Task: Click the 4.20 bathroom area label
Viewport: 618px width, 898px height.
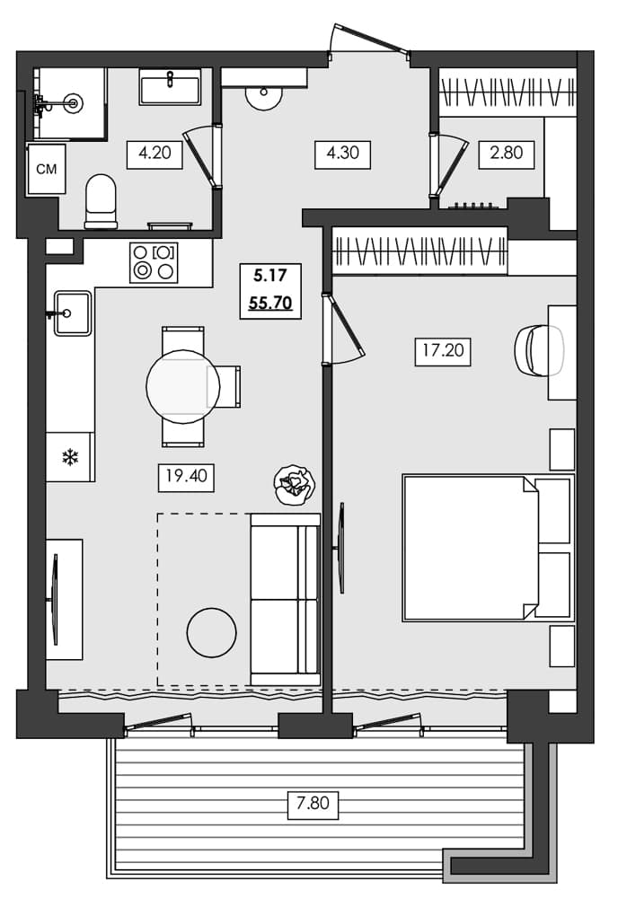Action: point(154,154)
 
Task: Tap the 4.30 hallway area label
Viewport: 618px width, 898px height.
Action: point(343,154)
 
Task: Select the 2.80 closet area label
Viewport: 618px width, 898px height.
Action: point(507,154)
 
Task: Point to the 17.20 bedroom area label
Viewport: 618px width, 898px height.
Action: point(444,350)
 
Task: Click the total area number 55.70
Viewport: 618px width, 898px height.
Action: point(270,304)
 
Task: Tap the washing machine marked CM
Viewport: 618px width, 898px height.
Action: point(46,169)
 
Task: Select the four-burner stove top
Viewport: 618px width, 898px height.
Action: point(154,262)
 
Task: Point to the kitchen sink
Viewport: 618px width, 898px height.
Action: point(73,313)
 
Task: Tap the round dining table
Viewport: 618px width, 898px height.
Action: point(182,386)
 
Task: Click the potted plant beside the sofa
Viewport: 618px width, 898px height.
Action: point(295,484)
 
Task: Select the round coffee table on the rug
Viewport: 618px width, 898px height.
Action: point(211,632)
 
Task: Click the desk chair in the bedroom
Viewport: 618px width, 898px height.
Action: point(538,348)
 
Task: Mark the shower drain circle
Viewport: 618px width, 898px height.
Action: point(74,104)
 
